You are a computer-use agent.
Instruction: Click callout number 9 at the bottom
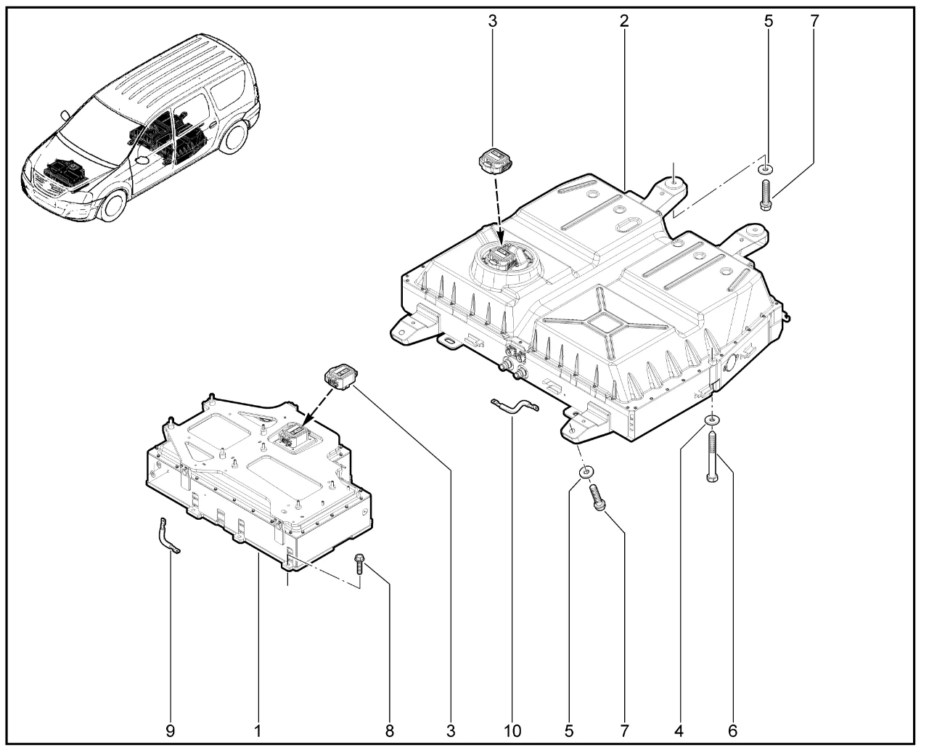171,730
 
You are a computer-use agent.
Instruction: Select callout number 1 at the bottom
258,730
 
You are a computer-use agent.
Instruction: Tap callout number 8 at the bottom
390,730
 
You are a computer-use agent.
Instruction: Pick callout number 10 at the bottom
512,730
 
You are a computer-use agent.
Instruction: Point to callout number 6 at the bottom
733,730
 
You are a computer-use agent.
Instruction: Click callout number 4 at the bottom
679,730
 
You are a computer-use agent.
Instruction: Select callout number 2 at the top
624,20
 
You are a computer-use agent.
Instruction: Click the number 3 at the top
492,20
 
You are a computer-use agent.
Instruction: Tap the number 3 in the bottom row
451,730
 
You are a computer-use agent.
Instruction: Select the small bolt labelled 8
359,563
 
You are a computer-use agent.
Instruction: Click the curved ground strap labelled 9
166,537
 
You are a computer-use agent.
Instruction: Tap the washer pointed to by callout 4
712,420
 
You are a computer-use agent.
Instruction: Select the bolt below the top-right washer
766,195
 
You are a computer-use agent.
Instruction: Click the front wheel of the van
112,204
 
